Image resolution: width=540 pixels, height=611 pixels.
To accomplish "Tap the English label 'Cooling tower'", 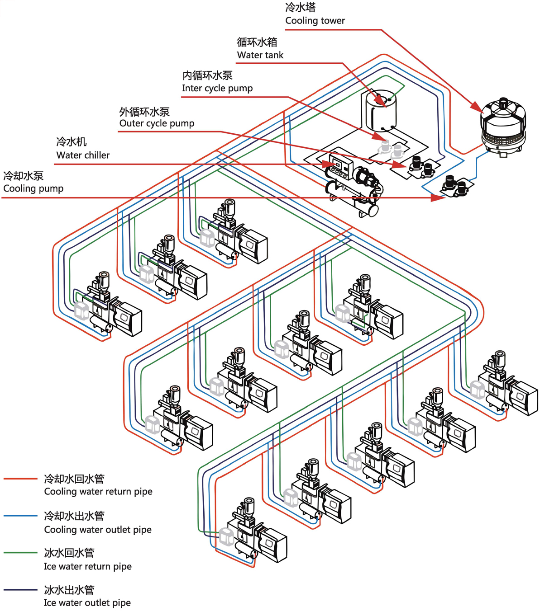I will (x=315, y=21).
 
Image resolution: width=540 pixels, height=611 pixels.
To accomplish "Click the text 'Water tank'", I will (x=260, y=55).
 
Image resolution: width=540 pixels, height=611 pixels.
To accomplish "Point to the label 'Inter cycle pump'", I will (x=217, y=88).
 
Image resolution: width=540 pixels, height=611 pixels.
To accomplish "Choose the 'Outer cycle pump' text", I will (x=157, y=123).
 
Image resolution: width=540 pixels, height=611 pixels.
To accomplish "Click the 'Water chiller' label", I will (x=83, y=155).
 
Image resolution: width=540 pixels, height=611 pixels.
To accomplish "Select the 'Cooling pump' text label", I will (x=33, y=188).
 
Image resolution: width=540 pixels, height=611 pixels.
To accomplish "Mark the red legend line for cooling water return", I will (x=20, y=478).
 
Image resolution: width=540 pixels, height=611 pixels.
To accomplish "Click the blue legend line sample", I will (x=20, y=515).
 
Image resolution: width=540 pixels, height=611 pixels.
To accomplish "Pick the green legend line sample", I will (x=20, y=552).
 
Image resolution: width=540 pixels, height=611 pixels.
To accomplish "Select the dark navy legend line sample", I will (x=20, y=589).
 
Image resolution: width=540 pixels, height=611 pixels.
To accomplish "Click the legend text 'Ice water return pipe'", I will (x=88, y=567).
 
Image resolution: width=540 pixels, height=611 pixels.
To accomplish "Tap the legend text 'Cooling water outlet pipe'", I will (x=98, y=530).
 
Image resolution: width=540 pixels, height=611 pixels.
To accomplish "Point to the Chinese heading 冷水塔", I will (x=301, y=8).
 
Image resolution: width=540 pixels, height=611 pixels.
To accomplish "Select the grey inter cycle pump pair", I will (x=392, y=148).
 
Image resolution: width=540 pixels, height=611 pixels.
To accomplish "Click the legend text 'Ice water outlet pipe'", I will (x=87, y=603).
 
